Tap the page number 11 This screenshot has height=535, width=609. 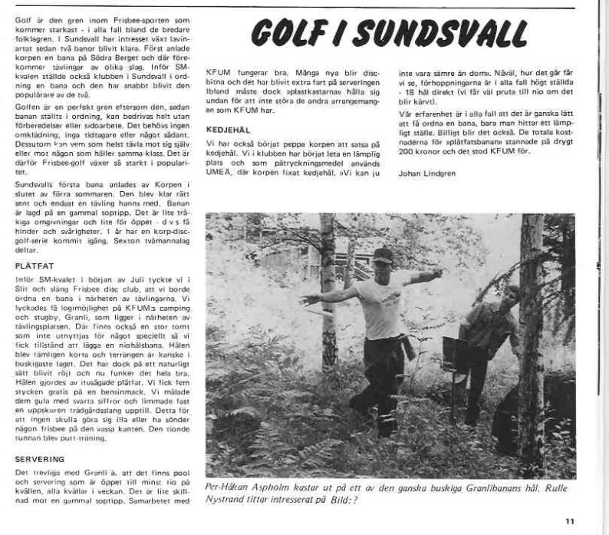(x=569, y=521)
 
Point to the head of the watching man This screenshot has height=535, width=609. (x=512, y=296)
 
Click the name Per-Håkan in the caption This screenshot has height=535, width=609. (x=230, y=487)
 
